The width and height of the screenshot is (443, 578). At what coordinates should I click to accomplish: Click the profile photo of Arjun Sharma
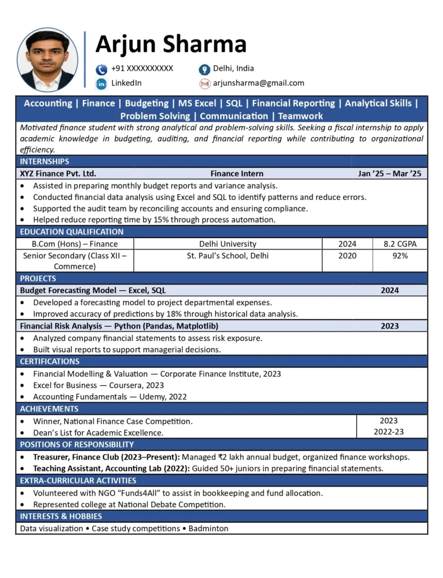click(x=47, y=60)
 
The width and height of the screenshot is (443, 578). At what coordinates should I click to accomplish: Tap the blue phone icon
click(x=102, y=69)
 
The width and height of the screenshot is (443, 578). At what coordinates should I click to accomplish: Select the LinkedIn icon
click(x=102, y=84)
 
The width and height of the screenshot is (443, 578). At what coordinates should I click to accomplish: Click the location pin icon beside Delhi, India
click(x=204, y=69)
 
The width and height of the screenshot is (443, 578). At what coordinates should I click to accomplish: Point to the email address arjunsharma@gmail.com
click(x=258, y=83)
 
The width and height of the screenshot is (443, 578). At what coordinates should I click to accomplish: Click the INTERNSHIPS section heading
click(x=45, y=161)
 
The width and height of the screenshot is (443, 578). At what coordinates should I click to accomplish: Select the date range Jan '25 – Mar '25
click(x=389, y=174)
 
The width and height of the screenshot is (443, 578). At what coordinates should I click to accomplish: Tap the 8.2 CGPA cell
click(x=400, y=244)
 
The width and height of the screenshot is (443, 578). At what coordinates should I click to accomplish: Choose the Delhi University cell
click(x=227, y=244)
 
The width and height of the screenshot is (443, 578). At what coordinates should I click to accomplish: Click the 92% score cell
click(x=400, y=256)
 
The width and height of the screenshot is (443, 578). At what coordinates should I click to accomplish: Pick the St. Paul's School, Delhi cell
click(x=227, y=256)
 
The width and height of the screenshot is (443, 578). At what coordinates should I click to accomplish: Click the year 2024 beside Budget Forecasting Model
click(x=389, y=290)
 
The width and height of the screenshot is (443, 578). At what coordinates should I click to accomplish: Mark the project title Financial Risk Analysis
click(x=65, y=326)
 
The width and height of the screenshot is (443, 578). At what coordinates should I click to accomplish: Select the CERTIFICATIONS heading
click(x=50, y=361)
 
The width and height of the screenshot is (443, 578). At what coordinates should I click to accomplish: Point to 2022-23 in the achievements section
click(x=389, y=432)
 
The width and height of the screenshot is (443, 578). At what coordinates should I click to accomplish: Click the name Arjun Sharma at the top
click(x=171, y=44)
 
